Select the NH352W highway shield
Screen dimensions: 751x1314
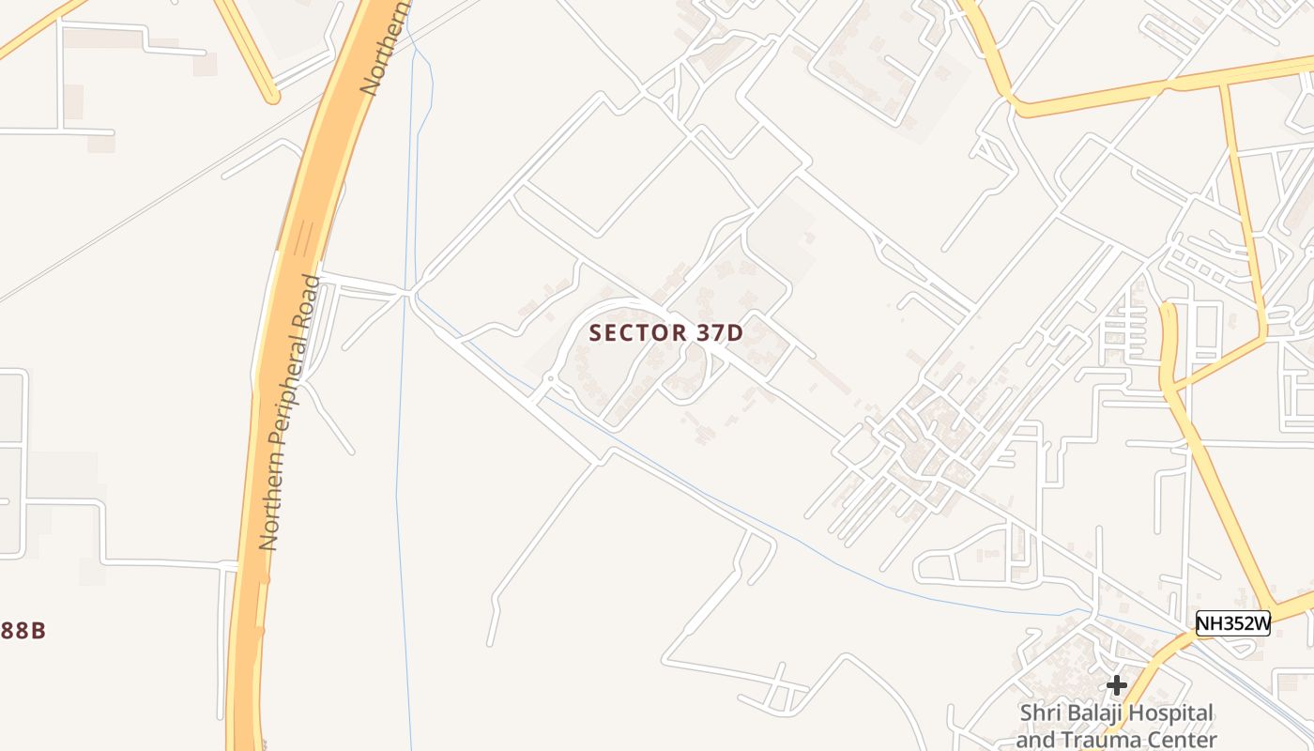click(x=1232, y=623)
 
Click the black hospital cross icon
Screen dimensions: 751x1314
click(x=1116, y=685)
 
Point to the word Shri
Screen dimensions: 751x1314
click(x=1040, y=714)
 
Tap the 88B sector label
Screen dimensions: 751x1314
click(x=23, y=631)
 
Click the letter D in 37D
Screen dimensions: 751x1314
click(x=736, y=332)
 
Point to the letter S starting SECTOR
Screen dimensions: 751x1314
click(x=595, y=332)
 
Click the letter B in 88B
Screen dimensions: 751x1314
click(x=38, y=631)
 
